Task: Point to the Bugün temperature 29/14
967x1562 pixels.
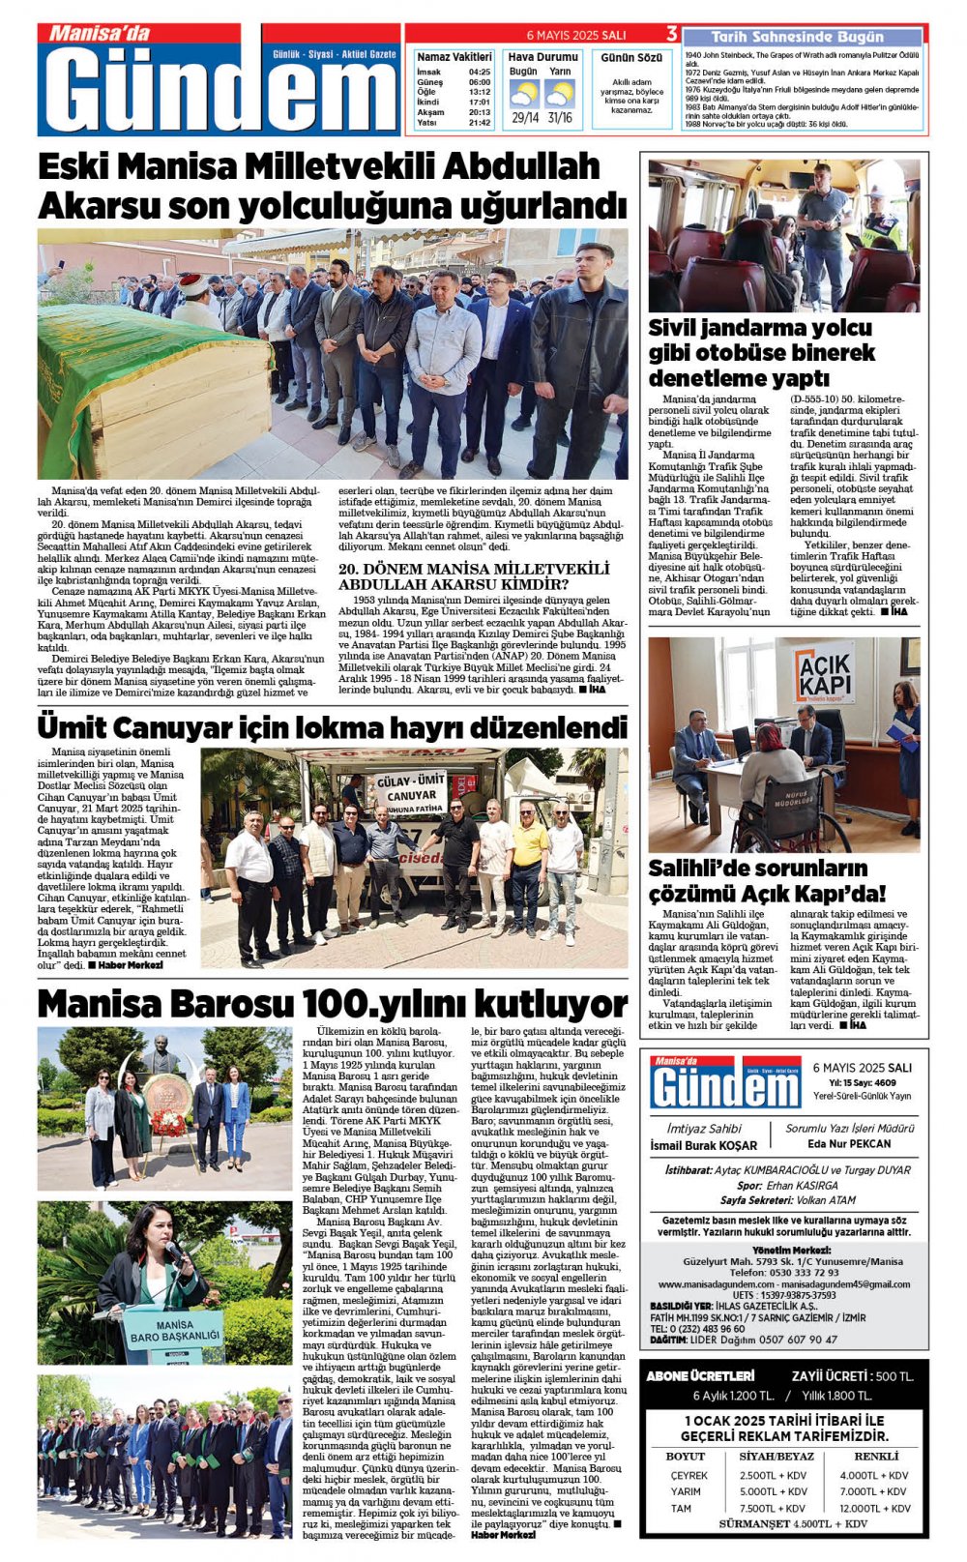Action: click(525, 118)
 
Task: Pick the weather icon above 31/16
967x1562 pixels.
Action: click(560, 94)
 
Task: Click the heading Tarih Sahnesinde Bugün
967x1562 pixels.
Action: click(797, 37)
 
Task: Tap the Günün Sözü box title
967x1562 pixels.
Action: click(631, 58)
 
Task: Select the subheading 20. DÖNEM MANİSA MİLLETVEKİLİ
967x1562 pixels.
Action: click(474, 569)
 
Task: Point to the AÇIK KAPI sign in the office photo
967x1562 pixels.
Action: click(824, 673)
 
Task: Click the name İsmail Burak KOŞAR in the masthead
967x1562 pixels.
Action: click(704, 1146)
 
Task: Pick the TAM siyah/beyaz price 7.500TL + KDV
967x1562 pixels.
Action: click(773, 1508)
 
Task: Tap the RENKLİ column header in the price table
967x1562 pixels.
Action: click(876, 1456)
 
